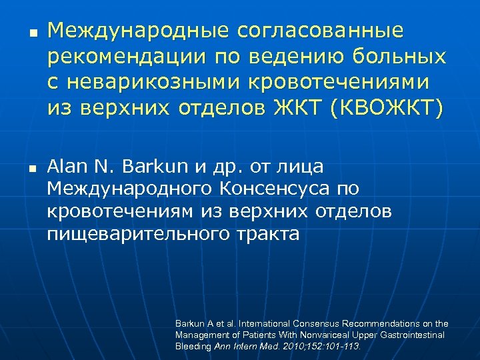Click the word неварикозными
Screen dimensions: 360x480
(x=162, y=82)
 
